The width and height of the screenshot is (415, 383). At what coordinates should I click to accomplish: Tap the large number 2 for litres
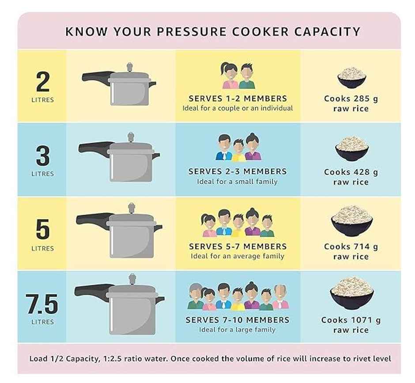tap(42, 82)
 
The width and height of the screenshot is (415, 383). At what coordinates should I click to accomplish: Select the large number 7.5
tap(42, 304)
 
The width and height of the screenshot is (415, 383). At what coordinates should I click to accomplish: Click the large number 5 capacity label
tap(42, 230)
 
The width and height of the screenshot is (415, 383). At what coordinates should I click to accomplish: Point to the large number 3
tap(42, 156)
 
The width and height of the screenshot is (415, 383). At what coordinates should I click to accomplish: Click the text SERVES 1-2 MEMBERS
tap(238, 99)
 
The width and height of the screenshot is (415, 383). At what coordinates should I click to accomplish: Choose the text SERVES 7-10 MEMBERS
tap(238, 320)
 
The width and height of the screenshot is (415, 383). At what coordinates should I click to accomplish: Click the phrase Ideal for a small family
tap(238, 182)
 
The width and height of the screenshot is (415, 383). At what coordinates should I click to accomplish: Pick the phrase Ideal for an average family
tap(238, 256)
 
